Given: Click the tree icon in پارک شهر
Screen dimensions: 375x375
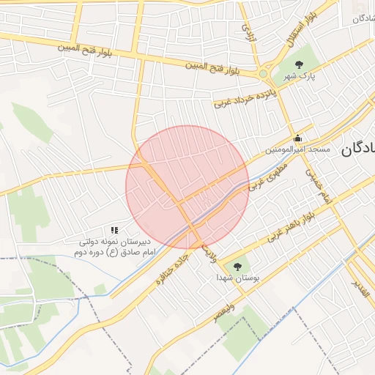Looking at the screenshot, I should tap(297, 65).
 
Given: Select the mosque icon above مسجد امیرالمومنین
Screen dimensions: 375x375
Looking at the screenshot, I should tap(297, 138).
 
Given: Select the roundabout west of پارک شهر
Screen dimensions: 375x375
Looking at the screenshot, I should tap(263, 73).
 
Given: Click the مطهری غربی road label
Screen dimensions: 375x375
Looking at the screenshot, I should tap(268, 177).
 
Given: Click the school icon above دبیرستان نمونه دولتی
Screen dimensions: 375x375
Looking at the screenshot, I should tap(114, 230).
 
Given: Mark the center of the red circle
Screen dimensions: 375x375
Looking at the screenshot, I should tap(187, 187).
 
